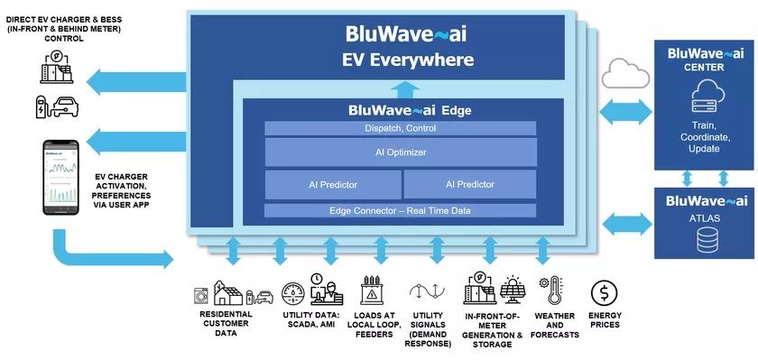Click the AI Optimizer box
pyautogui.click(x=401, y=152)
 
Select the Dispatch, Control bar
pyautogui.click(x=401, y=129)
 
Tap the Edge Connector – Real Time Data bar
pyautogui.click(x=401, y=211)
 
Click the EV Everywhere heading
pyautogui.click(x=407, y=60)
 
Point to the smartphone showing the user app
pyautogui.click(x=58, y=178)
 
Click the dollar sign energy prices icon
pyautogui.click(x=605, y=293)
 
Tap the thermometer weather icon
pyautogui.click(x=554, y=291)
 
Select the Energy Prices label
pyautogui.click(x=605, y=319)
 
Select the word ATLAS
pyautogui.click(x=703, y=217)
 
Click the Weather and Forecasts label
pyautogui.click(x=555, y=325)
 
